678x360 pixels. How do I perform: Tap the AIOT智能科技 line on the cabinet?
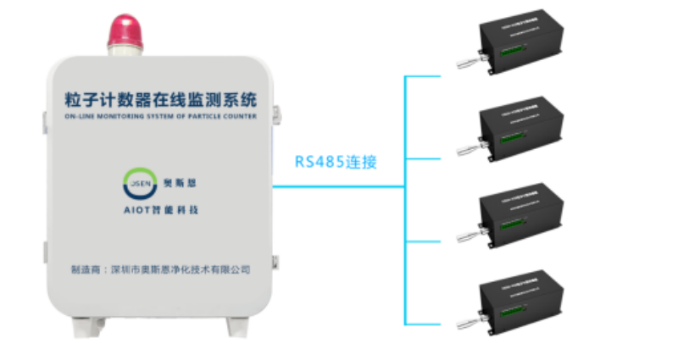pyautogui.click(x=159, y=208)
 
